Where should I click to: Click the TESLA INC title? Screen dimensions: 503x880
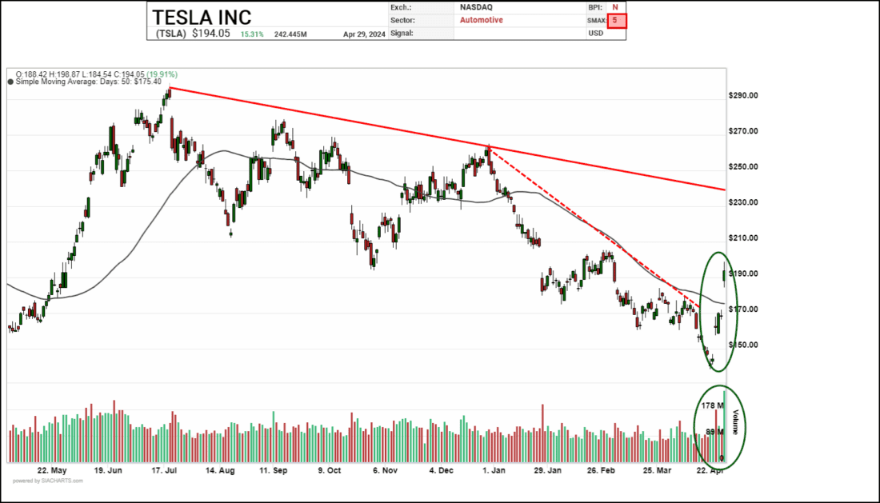point(202,17)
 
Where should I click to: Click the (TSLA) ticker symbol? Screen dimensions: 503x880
point(169,34)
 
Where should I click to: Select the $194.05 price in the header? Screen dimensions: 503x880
point(211,34)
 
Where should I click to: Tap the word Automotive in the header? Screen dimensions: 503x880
point(482,20)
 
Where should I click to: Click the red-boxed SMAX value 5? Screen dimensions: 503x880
point(616,20)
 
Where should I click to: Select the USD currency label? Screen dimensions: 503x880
point(595,34)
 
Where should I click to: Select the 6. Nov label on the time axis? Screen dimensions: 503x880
point(386,472)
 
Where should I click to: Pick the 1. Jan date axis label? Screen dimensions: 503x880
point(494,472)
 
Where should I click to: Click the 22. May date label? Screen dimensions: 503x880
point(53,472)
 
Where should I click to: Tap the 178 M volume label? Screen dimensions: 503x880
point(711,406)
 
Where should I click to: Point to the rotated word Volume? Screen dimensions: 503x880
point(735,421)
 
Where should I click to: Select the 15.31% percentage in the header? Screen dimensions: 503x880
point(253,34)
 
